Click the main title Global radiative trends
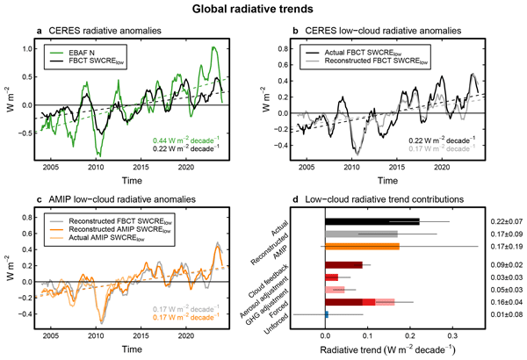[x=263, y=11]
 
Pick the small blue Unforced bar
[x=327, y=313]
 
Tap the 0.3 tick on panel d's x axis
[x=452, y=335]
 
